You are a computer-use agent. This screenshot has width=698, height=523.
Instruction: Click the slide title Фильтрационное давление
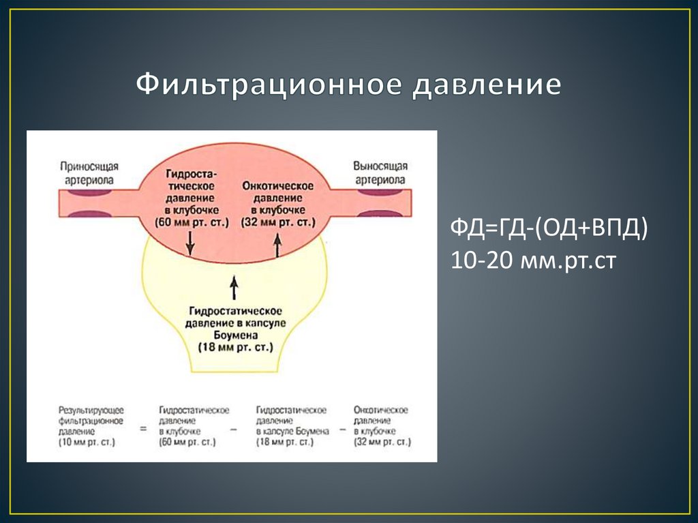(x=348, y=85)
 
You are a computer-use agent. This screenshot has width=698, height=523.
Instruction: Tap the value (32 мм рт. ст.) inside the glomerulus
(x=277, y=222)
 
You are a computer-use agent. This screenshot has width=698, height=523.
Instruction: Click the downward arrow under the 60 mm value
(x=190, y=242)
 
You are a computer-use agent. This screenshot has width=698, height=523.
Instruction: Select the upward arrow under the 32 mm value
(x=277, y=244)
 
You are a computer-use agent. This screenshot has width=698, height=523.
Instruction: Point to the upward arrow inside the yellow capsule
(x=234, y=288)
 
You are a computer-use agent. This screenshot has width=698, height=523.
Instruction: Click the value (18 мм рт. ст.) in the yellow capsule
(x=234, y=347)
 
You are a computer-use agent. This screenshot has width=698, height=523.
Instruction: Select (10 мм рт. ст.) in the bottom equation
(x=87, y=442)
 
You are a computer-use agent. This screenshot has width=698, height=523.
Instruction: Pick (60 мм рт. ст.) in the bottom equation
(x=187, y=442)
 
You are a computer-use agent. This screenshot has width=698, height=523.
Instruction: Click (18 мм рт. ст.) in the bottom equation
(x=284, y=442)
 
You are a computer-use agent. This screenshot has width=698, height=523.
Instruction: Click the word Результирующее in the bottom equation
(x=91, y=410)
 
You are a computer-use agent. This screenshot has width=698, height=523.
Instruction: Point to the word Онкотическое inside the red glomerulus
(x=277, y=186)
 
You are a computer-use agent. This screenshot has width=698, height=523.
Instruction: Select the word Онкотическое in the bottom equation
(x=381, y=410)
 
